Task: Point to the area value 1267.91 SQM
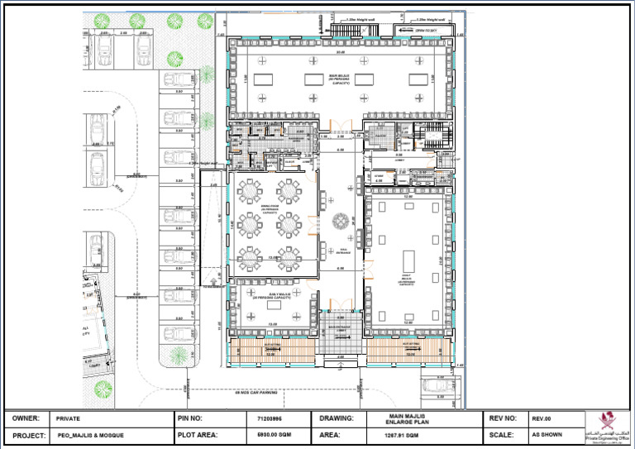[403, 434]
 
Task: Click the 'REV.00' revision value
[542, 418]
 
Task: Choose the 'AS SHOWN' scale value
[547, 434]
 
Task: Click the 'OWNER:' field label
[26, 418]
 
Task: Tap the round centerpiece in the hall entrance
[340, 221]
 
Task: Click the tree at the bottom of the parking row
[178, 355]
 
